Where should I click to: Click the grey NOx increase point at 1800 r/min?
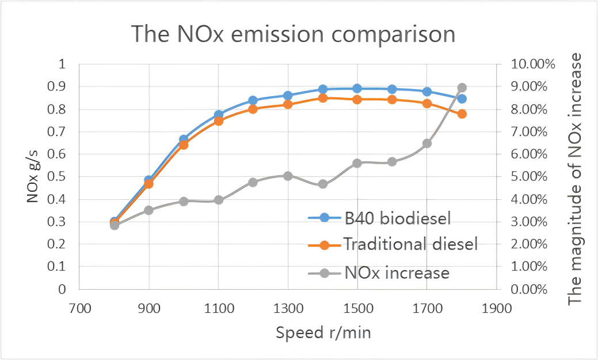click(462, 88)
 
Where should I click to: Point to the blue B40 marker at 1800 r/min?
click(462, 98)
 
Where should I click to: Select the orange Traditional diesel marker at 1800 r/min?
click(462, 114)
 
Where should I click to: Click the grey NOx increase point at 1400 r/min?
click(323, 184)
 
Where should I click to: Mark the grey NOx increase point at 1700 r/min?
click(427, 143)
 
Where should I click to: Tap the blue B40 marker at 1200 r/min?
click(253, 100)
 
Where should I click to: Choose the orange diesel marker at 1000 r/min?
click(184, 145)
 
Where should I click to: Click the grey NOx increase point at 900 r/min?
click(149, 210)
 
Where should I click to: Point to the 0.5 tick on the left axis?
click(59, 177)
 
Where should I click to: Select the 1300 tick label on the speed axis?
click(288, 309)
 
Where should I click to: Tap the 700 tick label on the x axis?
click(79, 309)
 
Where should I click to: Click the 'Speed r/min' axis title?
click(322, 333)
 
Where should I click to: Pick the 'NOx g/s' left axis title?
click(33, 176)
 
